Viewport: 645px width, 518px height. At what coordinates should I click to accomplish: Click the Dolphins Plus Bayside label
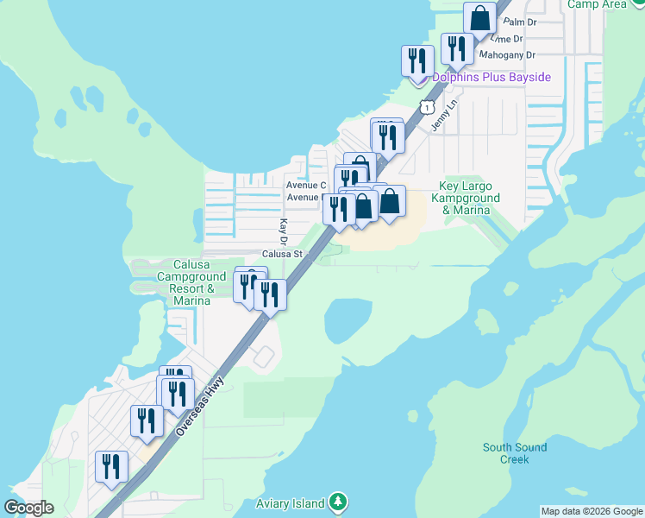(492, 78)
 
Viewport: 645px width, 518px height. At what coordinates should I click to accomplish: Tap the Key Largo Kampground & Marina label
(469, 198)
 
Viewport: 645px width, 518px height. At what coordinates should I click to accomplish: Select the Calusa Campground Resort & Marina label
(180, 282)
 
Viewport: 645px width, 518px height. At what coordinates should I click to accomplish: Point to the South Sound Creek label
(515, 453)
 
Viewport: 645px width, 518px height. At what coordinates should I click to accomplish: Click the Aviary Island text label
(291, 503)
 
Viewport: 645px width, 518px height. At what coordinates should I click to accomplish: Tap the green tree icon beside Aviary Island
(339, 502)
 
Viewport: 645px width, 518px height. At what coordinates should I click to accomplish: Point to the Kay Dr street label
(282, 231)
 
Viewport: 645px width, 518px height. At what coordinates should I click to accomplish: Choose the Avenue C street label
(306, 185)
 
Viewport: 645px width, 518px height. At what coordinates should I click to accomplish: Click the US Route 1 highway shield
(426, 106)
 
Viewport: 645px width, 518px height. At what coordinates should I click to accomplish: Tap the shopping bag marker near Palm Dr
(479, 19)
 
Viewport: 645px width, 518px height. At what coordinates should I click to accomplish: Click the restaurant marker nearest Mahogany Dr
(454, 47)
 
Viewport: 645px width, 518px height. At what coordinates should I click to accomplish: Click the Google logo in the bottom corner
(28, 508)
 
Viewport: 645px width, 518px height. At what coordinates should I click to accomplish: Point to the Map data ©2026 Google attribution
(592, 511)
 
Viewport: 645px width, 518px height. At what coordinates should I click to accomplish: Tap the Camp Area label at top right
(597, 4)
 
